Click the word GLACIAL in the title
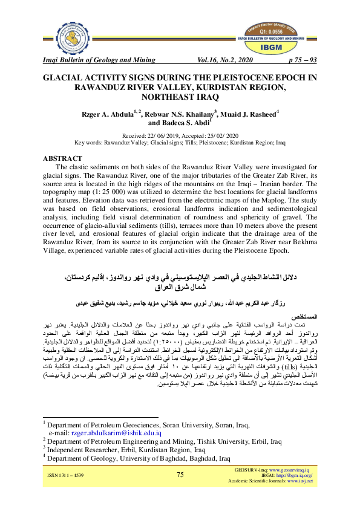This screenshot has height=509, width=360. coord(65,79)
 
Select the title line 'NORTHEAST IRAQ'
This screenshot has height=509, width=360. coord(180,96)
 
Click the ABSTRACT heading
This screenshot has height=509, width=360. coord(62,158)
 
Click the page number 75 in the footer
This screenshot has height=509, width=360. coord(180,475)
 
